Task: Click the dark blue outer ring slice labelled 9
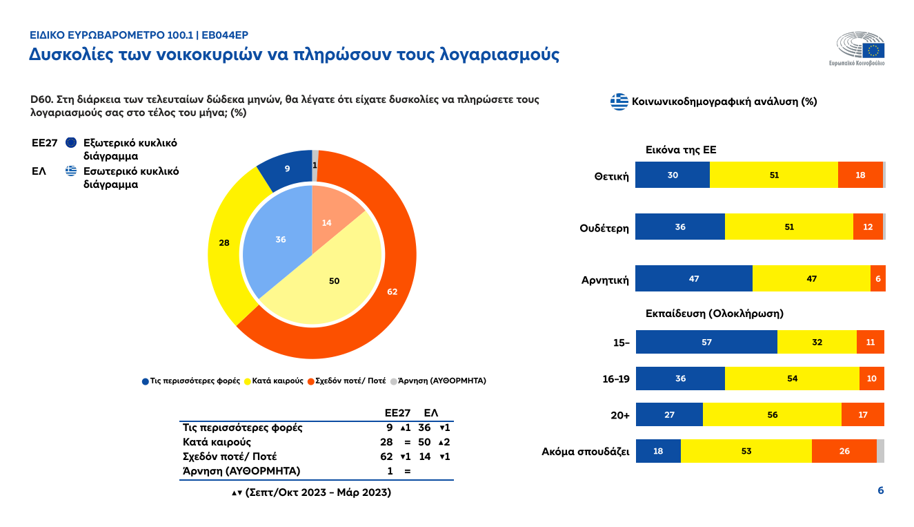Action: (x=286, y=168)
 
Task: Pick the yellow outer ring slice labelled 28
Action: (x=225, y=243)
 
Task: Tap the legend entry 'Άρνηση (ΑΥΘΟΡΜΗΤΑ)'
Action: (x=438, y=381)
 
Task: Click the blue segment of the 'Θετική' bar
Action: (x=673, y=175)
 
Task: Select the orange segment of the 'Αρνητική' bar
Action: (x=877, y=278)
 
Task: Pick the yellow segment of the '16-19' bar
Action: (x=792, y=379)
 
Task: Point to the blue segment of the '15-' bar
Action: (x=706, y=343)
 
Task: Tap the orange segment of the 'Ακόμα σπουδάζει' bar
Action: (x=844, y=451)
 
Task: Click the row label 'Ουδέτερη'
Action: (x=604, y=228)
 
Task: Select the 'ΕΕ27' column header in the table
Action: (x=397, y=412)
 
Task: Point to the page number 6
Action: (x=880, y=490)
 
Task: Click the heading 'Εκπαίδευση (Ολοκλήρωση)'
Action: (x=714, y=313)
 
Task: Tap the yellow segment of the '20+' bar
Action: (x=772, y=415)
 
